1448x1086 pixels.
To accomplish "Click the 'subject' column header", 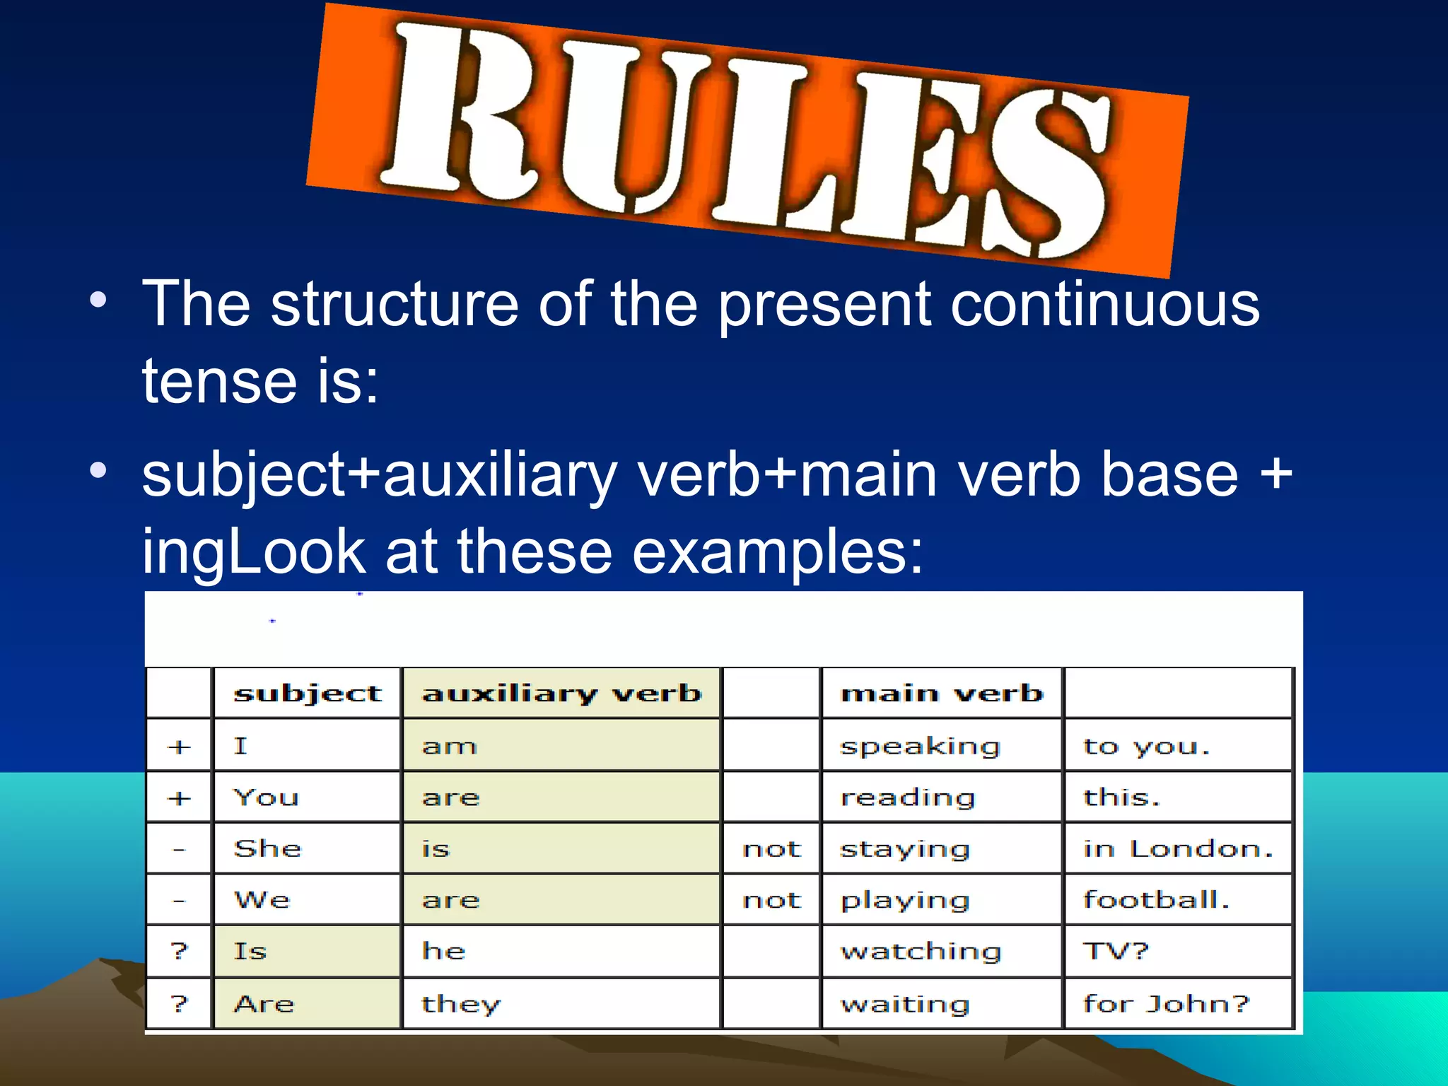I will pyautogui.click(x=308, y=693).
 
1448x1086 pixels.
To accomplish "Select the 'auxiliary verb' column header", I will pyautogui.click(x=561, y=693).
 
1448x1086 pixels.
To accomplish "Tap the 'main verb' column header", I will pyautogui.click(x=942, y=693).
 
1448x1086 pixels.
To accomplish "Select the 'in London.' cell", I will pyautogui.click(x=1178, y=848).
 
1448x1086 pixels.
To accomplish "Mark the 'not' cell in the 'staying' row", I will pyautogui.click(x=771, y=848).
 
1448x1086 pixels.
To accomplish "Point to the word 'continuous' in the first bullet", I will pyautogui.click(x=1105, y=304).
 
